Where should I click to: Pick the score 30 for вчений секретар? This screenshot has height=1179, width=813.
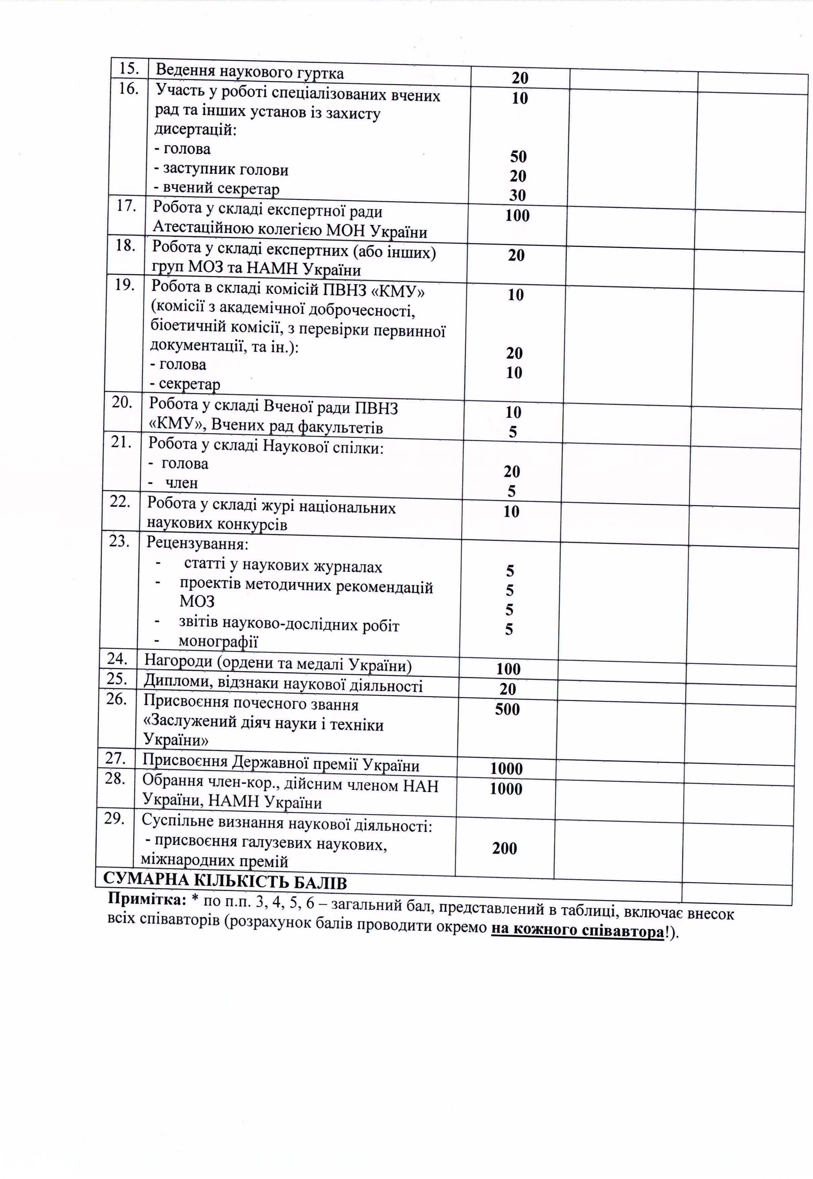pos(517,195)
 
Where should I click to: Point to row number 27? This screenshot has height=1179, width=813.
pos(115,758)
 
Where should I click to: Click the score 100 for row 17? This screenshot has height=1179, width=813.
pos(517,216)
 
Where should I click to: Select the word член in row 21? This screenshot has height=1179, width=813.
pos(181,483)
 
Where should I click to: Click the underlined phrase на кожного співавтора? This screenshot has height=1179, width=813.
pos(577,931)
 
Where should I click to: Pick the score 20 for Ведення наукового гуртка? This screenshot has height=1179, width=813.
pos(520,78)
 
